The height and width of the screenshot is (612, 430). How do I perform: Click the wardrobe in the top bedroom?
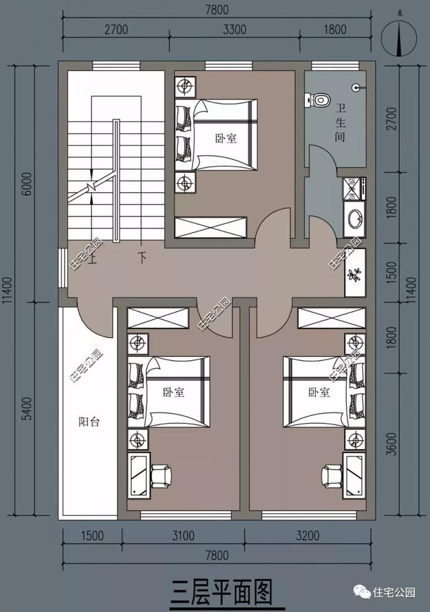coord(209,227)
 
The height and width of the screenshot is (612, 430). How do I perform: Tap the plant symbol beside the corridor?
coord(354,273)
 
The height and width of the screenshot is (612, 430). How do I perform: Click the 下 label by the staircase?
coord(142,257)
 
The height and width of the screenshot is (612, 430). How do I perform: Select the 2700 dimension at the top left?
coord(116,29)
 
